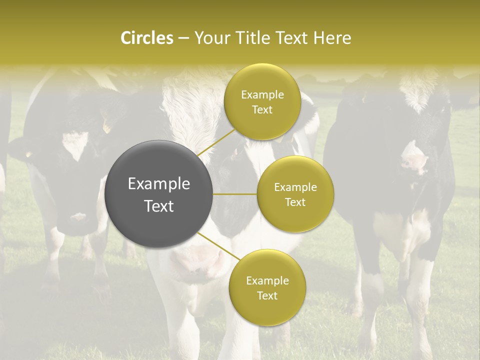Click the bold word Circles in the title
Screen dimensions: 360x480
click(x=146, y=38)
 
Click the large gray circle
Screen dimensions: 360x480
click(x=158, y=194)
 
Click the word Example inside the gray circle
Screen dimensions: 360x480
click(x=158, y=184)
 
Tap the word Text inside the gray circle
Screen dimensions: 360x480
click(x=158, y=206)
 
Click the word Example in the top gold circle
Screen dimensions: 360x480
click(x=262, y=95)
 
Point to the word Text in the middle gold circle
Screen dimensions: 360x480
click(x=295, y=202)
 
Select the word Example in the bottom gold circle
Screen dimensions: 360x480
click(x=267, y=281)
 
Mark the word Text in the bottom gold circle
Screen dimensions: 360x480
click(x=267, y=296)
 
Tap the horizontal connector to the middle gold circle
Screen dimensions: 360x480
click(x=235, y=194)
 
